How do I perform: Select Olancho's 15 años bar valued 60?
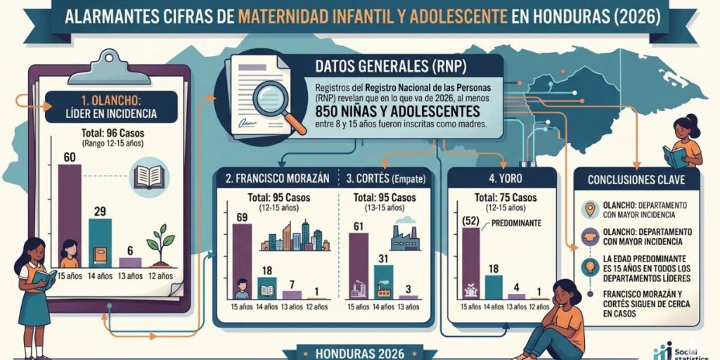[70, 216]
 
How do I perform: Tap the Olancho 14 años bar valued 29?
[100, 243]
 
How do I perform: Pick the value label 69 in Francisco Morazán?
[242, 217]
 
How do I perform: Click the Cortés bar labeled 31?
[383, 283]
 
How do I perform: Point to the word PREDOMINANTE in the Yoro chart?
[516, 224]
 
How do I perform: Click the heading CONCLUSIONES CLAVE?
[636, 179]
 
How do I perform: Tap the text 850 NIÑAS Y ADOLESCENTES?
[398, 111]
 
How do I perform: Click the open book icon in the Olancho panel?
[149, 176]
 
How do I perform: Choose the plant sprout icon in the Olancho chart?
[160, 245]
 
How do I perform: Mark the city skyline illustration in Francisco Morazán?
[295, 236]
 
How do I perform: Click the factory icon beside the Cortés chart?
[405, 235]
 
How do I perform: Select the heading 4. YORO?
[502, 178]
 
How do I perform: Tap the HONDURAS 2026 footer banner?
[359, 353]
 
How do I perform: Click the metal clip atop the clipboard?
[109, 67]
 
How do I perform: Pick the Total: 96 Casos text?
[112, 134]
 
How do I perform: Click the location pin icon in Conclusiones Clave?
[590, 210]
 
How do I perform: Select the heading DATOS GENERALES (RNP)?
[391, 67]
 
